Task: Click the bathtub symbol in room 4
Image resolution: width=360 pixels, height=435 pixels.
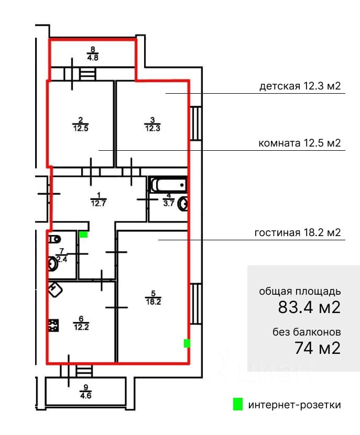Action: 168,185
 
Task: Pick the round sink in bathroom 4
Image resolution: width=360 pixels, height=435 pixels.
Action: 183,204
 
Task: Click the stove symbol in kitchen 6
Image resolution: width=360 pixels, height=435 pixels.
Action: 52,326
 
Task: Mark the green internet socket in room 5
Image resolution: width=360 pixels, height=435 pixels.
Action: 187,343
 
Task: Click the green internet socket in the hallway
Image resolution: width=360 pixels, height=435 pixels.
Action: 83,235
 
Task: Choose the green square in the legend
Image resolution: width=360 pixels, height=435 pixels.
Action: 238,404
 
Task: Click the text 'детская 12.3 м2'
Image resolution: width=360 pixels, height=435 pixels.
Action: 300,86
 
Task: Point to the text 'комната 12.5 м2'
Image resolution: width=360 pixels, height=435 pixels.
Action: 300,142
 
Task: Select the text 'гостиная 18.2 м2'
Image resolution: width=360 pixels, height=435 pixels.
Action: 299,233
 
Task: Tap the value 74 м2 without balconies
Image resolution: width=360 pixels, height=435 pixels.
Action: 317,348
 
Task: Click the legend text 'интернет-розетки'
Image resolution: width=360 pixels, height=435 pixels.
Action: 294,405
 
